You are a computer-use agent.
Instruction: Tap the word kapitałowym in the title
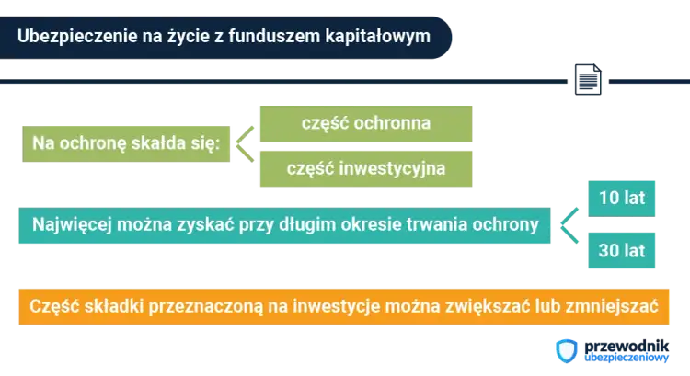click(x=378, y=35)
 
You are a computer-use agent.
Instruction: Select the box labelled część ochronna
click(x=366, y=121)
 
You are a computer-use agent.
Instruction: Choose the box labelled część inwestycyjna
click(x=366, y=168)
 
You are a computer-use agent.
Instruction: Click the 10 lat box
click(x=621, y=199)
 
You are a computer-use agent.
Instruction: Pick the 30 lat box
click(x=621, y=249)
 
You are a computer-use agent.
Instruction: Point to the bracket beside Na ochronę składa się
click(x=241, y=144)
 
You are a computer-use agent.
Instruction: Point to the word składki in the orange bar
click(x=109, y=307)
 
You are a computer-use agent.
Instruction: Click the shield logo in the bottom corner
click(x=568, y=352)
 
